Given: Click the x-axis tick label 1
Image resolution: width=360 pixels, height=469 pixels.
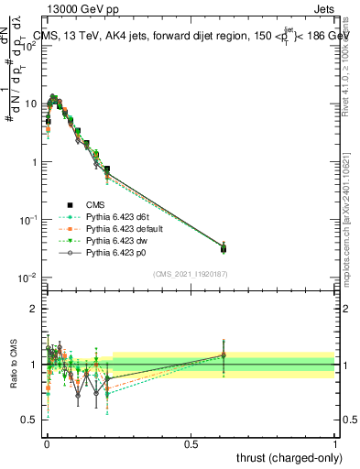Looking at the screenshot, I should [335, 442].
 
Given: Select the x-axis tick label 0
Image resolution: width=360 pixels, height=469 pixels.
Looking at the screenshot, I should [46, 442].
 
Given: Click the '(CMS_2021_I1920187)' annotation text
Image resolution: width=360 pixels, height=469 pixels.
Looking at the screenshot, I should [190, 274].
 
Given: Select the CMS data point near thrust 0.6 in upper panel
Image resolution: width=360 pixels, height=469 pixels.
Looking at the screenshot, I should [223, 248].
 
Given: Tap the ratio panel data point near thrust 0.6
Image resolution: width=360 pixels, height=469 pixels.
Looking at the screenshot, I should [223, 355].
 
